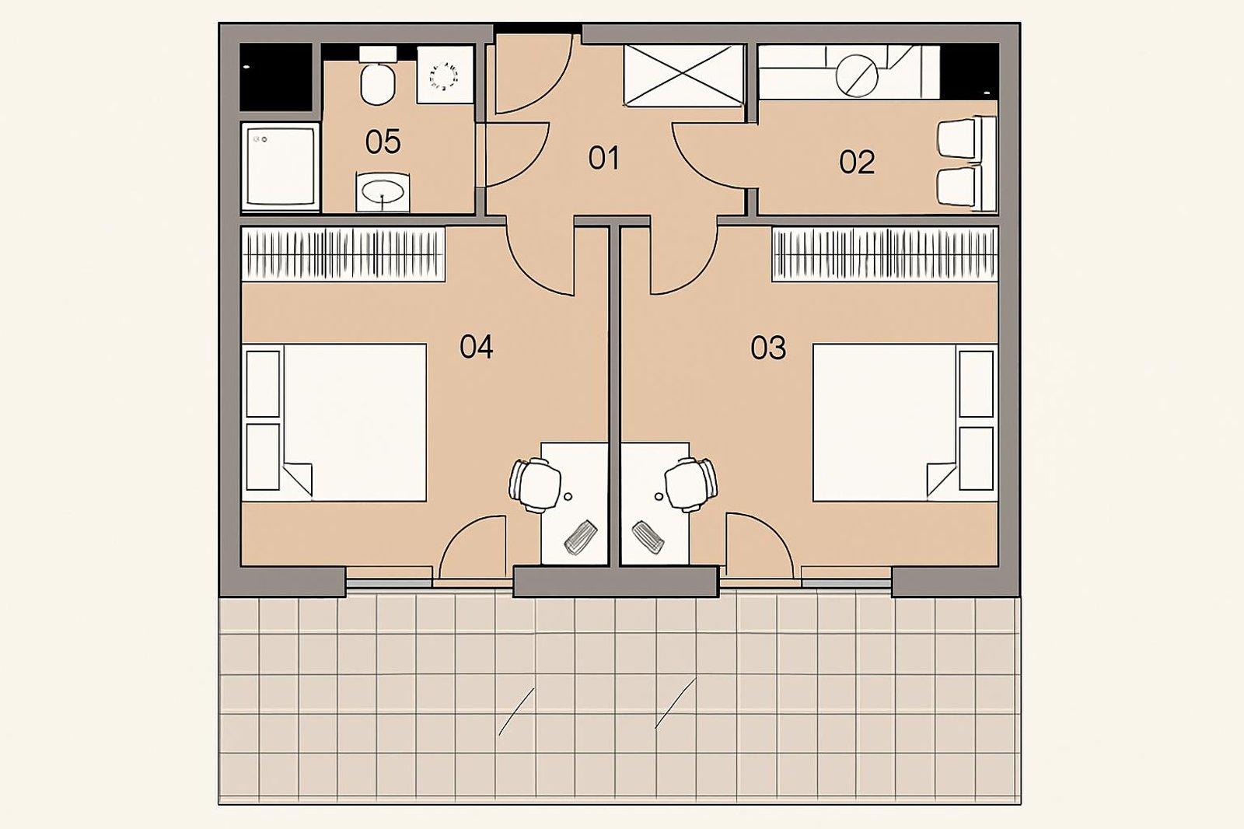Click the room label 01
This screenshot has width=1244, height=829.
(x=603, y=159)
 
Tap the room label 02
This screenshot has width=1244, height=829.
(x=857, y=163)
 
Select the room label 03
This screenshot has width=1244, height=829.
(x=768, y=348)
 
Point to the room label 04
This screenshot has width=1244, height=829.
(x=476, y=347)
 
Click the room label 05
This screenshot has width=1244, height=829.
(x=383, y=142)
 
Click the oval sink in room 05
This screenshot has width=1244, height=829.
(x=383, y=191)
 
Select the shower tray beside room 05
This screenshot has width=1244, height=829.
(x=280, y=166)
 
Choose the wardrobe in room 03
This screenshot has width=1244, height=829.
(x=885, y=254)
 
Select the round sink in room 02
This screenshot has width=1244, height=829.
(x=857, y=75)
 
